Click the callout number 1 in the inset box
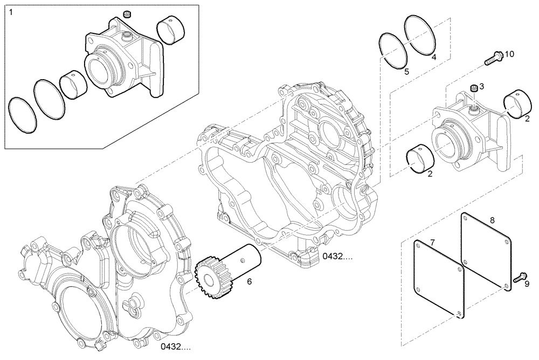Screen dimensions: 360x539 coord(10,11)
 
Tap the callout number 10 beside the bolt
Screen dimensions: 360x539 coord(509,54)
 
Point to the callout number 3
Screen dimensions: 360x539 coord(482,86)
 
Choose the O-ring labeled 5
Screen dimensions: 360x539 coord(393,51)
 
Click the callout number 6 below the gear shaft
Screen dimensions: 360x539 coord(249,281)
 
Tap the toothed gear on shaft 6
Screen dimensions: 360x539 coord(206,274)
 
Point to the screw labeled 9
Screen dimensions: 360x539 coord(519,278)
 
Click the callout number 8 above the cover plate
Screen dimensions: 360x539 coord(492,219)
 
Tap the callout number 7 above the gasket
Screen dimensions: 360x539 coord(432,237)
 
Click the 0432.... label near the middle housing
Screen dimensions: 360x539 coord(338,257)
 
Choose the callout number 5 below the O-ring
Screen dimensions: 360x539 coord(407,71)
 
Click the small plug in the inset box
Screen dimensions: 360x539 coord(128,13)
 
